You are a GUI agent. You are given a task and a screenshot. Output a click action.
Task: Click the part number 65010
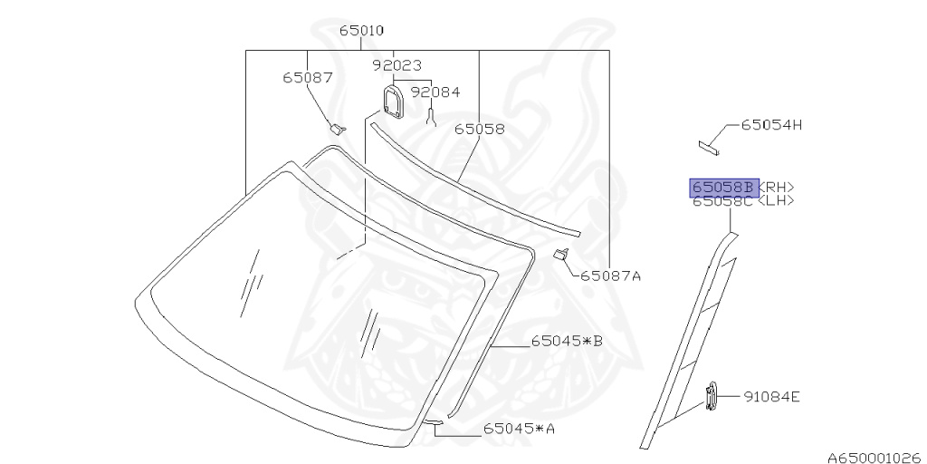[x=361, y=31]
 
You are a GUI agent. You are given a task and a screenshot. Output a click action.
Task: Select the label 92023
[x=397, y=65]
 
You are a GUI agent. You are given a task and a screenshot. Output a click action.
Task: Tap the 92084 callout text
[x=435, y=92]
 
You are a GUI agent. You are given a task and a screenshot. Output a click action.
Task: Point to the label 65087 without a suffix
[x=308, y=78]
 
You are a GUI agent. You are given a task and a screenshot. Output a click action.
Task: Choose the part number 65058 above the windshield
[x=480, y=129]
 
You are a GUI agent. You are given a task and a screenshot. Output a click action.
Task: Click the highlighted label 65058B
[x=724, y=188]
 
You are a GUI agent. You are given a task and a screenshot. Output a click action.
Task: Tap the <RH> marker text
[x=776, y=188]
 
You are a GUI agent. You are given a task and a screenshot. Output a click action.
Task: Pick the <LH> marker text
[x=775, y=201]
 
